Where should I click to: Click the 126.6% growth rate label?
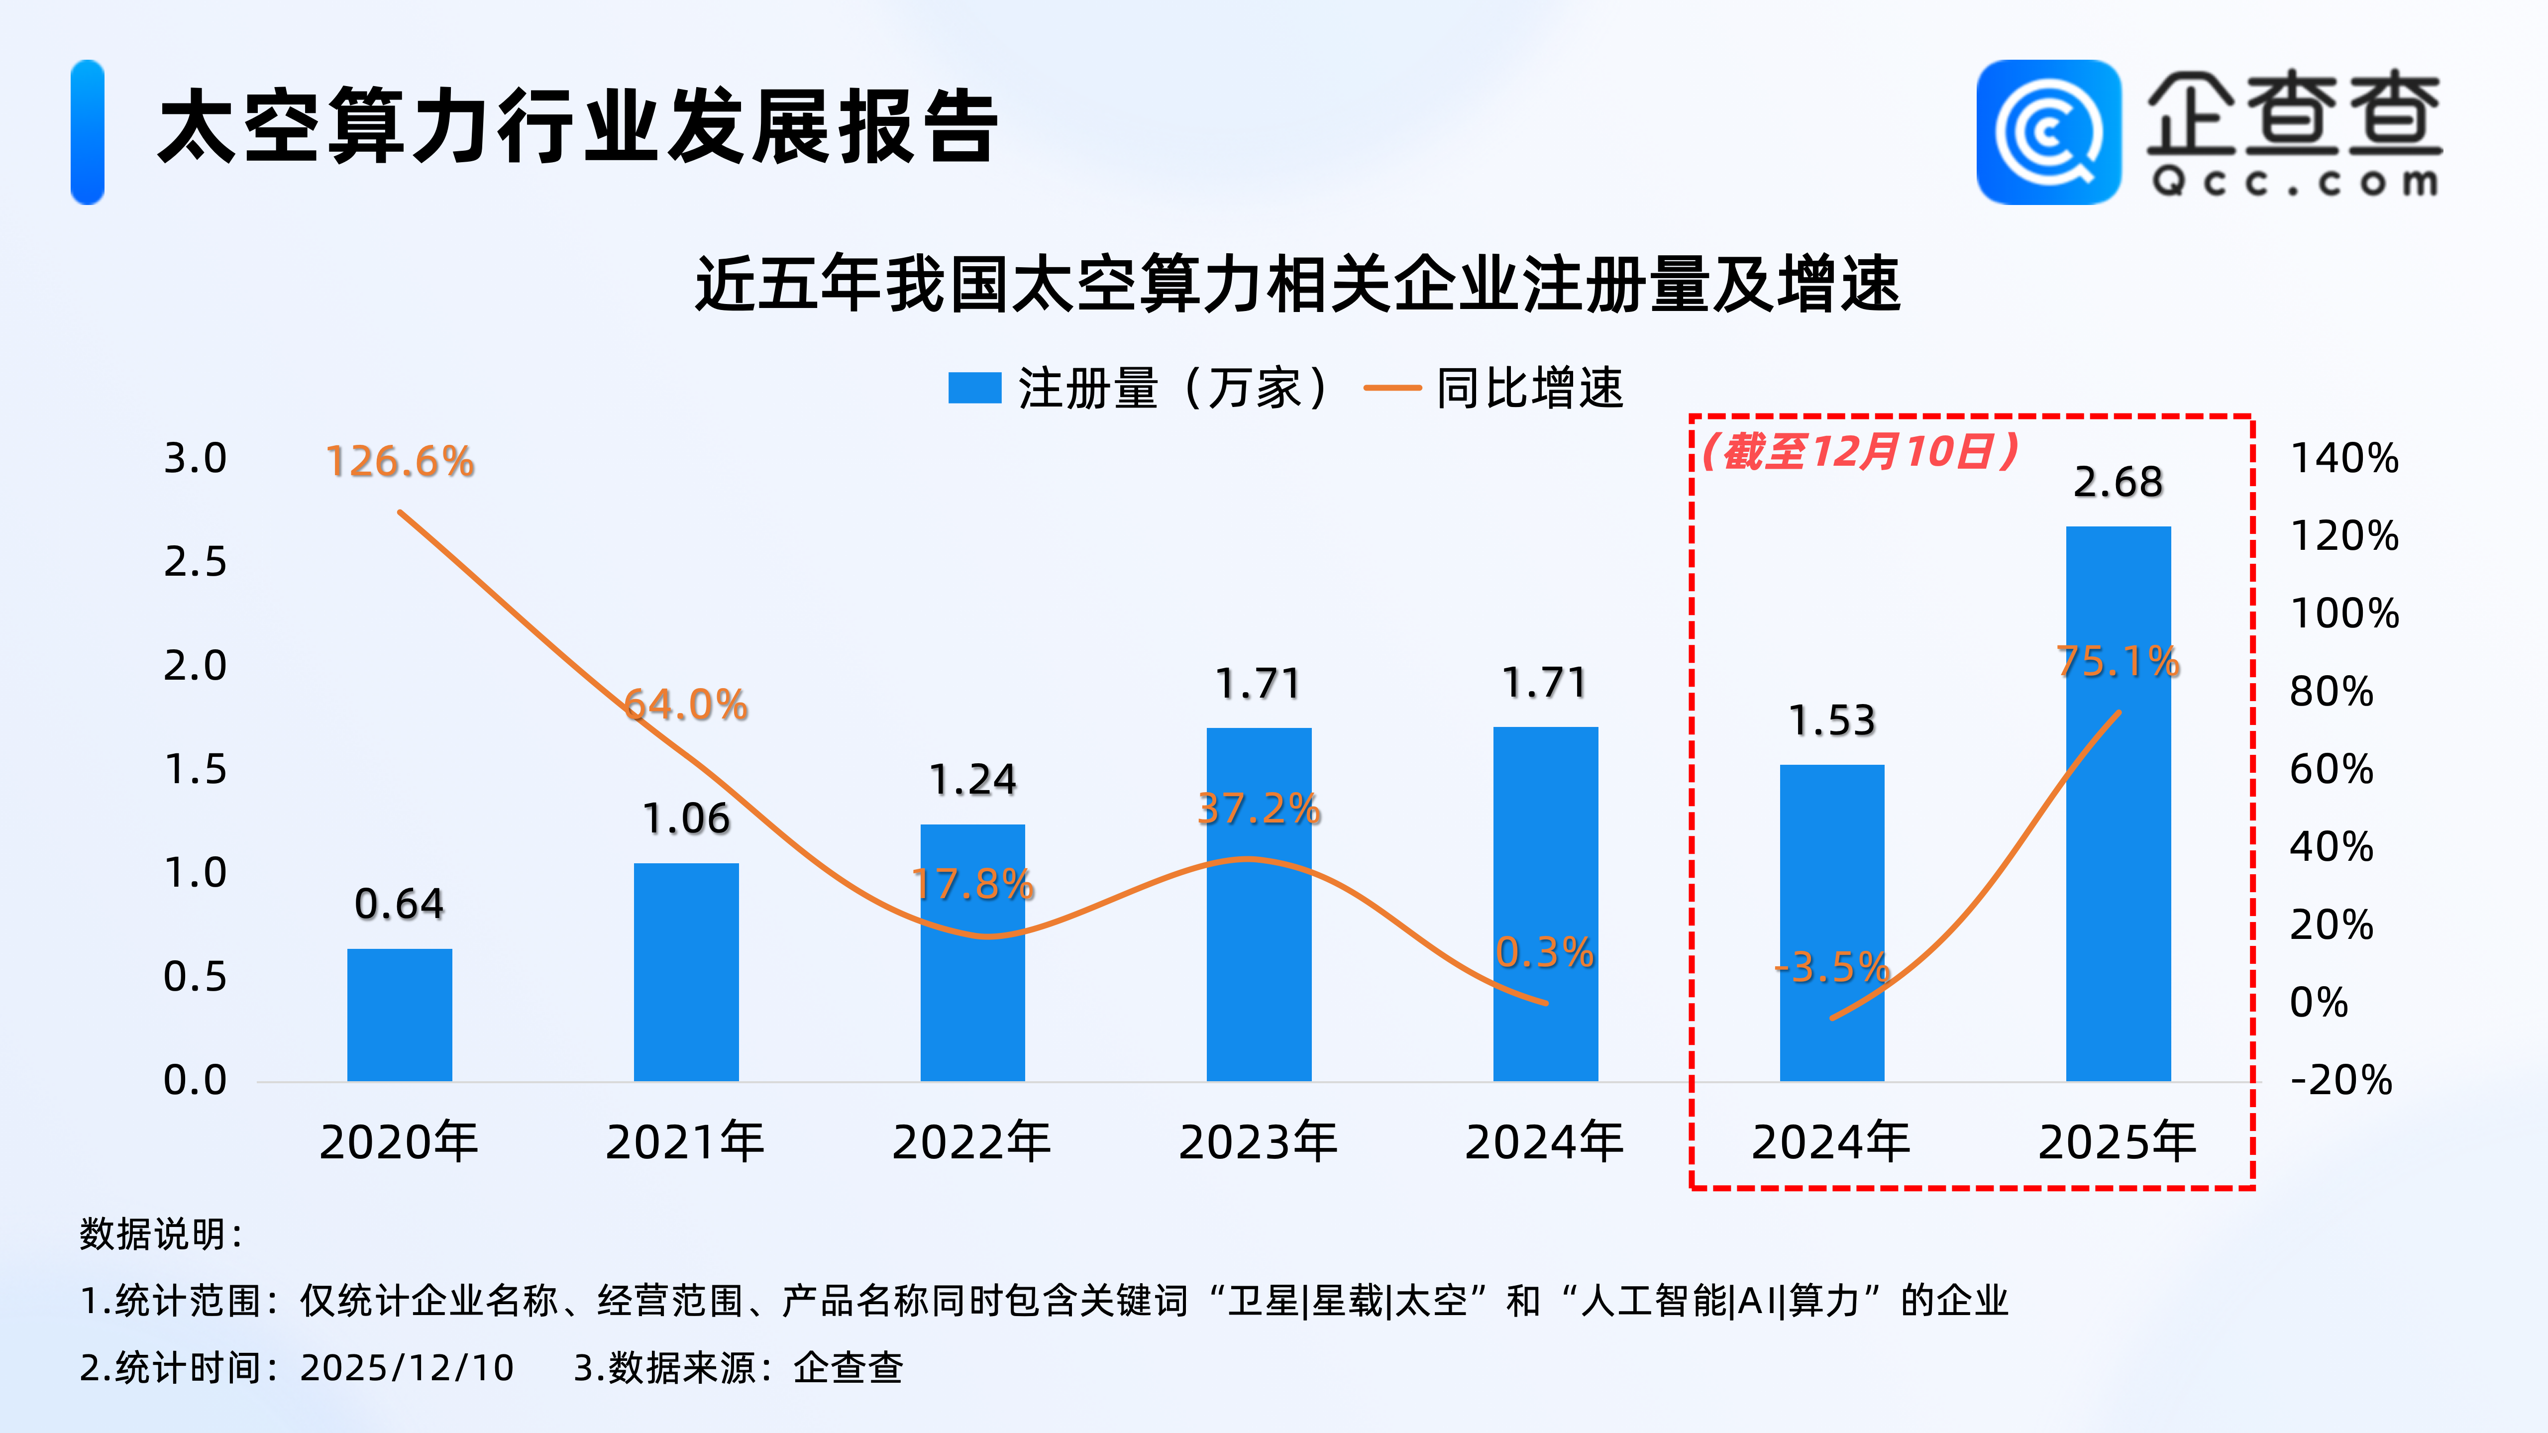[400, 462]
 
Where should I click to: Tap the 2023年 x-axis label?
[1258, 1142]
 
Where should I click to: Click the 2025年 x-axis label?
[2118, 1142]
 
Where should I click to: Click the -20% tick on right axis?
[2340, 1080]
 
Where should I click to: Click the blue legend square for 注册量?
[974, 388]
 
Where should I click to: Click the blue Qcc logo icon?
[2048, 132]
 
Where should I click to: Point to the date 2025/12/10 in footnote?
[407, 1368]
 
